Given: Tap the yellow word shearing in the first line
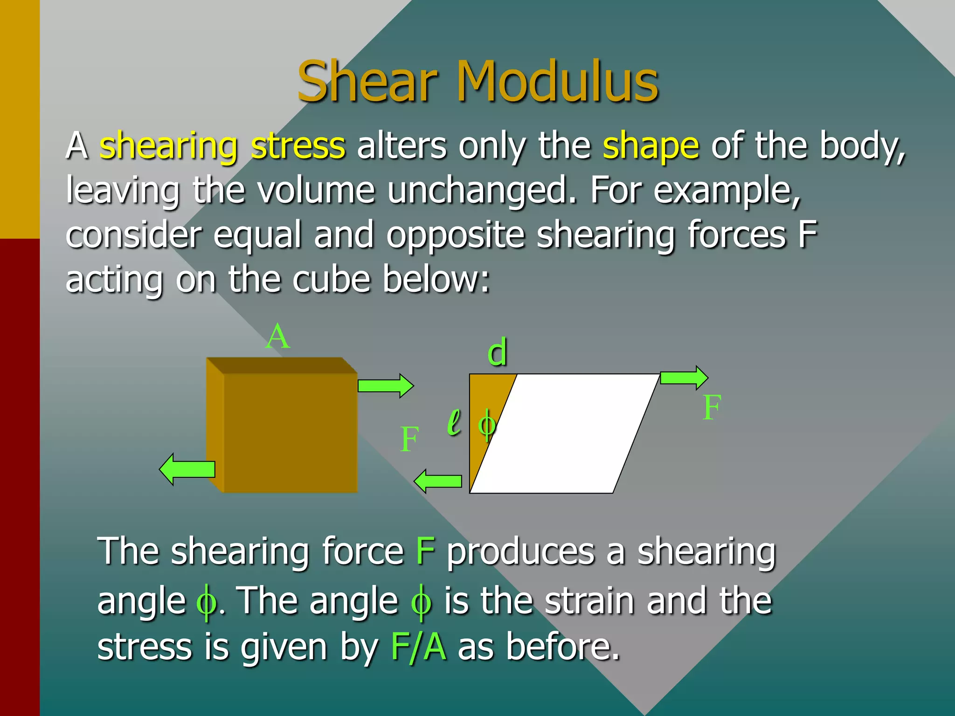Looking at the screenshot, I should [x=169, y=146].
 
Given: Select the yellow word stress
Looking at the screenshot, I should [x=298, y=146].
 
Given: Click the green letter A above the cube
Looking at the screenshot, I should [x=278, y=337].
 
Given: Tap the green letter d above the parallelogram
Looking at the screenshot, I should [x=497, y=352].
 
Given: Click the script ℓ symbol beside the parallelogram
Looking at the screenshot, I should [x=454, y=422].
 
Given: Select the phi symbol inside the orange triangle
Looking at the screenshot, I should [x=486, y=425].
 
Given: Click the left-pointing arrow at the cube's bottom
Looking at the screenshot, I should [x=187, y=469].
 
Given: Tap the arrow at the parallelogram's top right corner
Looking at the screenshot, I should [x=684, y=377].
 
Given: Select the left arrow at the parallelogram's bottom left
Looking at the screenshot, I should [x=438, y=482].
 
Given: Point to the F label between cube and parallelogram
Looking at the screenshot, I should [x=409, y=440].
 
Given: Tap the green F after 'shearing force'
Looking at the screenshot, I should [x=425, y=551].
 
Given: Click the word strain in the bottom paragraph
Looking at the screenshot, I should [x=589, y=601].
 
